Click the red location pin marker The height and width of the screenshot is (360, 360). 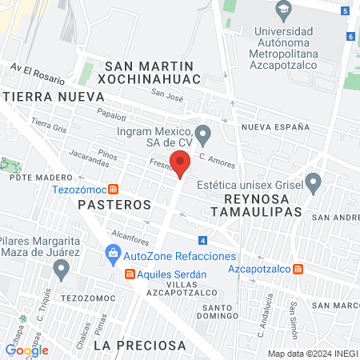[x=181, y=163]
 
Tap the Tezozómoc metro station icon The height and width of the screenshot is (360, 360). [x=114, y=190]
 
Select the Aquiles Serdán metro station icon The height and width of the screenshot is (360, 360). [x=130, y=274]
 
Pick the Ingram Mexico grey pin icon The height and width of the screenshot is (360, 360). [x=203, y=133]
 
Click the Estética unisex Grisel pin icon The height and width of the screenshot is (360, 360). [x=314, y=183]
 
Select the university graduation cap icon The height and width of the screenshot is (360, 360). [x=283, y=11]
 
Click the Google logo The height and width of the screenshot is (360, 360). [x=26, y=350]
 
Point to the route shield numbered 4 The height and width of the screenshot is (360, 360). [x=203, y=240]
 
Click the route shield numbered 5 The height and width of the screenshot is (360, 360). [x=344, y=11]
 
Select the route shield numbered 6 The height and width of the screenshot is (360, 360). [x=350, y=36]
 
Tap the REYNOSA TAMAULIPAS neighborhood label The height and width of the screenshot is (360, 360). [x=250, y=205]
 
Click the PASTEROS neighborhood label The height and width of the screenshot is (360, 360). [x=114, y=205]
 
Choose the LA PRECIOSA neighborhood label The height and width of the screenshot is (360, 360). [x=139, y=346]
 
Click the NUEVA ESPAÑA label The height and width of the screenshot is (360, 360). [x=275, y=127]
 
